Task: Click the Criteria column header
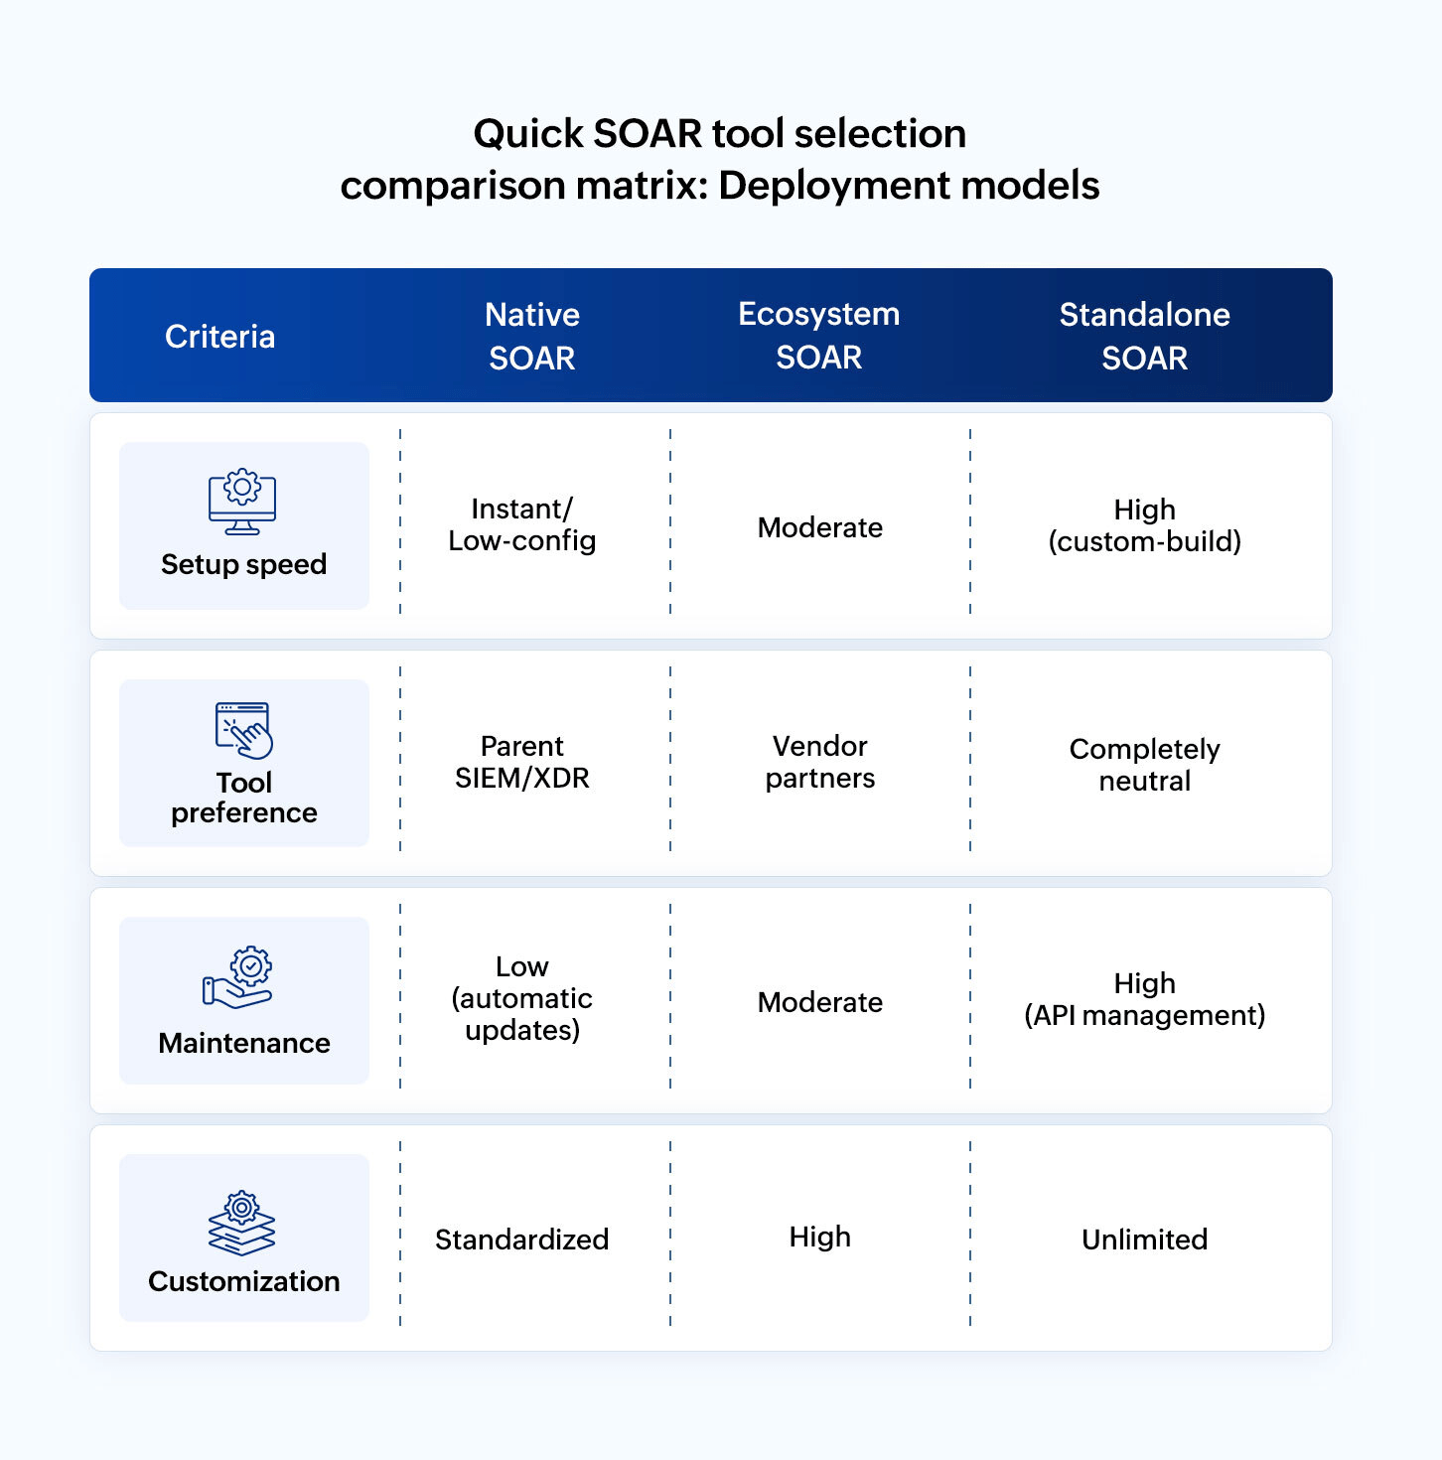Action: coord(219,337)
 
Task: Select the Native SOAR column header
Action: coord(532,336)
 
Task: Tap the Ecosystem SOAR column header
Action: coord(819,335)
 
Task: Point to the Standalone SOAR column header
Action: coord(1144,336)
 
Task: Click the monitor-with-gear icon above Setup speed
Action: coord(242,502)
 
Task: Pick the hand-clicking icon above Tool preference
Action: coord(244,730)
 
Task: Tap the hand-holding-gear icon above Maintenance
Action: coord(238,977)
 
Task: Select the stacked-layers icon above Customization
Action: coord(242,1223)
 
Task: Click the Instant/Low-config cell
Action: coord(522,524)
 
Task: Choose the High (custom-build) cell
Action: coord(1144,525)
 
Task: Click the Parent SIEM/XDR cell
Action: coord(522,762)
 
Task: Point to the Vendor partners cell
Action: coord(820,762)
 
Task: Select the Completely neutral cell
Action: coord(1144,765)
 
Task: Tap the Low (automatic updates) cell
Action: coord(522,998)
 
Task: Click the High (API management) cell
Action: coord(1144,999)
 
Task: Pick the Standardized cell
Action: coord(522,1240)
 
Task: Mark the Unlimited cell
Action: coord(1144,1240)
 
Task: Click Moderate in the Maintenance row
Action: coord(820,1002)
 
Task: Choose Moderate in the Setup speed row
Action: coord(820,527)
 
